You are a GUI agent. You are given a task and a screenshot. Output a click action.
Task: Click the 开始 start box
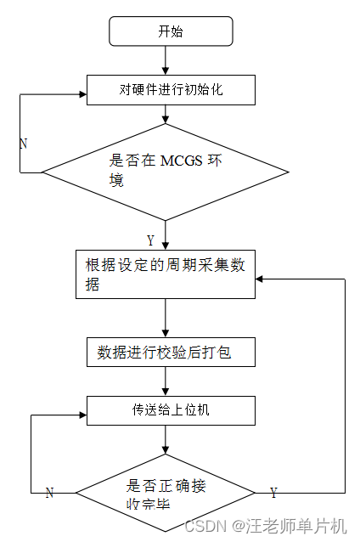pos(171,32)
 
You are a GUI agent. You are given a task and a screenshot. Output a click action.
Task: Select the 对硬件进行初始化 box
pos(171,89)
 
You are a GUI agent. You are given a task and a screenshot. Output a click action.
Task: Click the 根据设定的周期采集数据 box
pos(166,274)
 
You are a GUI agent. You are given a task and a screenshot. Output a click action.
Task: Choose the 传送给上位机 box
pos(171,409)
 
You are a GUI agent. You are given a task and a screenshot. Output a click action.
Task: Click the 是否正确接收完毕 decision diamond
pos(166,494)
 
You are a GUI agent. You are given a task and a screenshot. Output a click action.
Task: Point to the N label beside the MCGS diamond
pos(23,144)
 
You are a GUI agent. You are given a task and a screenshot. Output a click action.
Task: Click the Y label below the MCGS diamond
pos(151,240)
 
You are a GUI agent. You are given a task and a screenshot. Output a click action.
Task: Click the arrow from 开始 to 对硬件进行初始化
pos(166,59)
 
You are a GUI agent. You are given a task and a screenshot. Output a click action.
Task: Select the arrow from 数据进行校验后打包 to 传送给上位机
pos(166,381)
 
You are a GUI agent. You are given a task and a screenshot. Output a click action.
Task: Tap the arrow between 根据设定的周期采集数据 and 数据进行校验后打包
pos(166,317)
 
